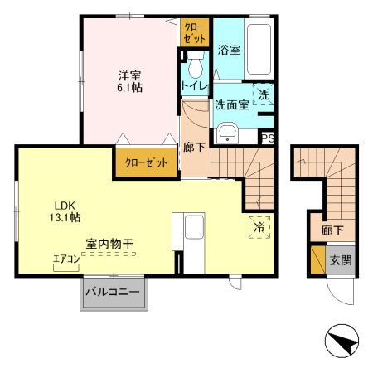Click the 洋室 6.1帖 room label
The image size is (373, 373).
tap(129, 80)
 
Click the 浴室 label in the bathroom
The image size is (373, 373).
tap(230, 50)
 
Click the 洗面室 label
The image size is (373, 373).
tap(231, 105)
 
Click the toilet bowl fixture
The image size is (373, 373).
tap(196, 65)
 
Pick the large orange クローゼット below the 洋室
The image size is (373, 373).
tap(147, 162)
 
